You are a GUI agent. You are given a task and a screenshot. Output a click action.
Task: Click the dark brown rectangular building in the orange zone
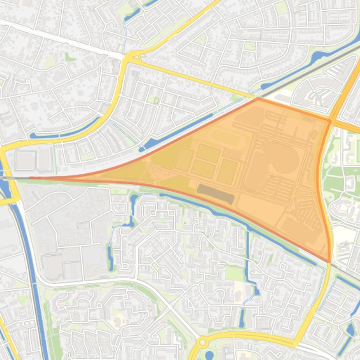click(215, 194)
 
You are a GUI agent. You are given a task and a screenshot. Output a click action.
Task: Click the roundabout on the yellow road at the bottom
click(203, 342)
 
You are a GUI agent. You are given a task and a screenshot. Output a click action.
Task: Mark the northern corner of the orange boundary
click(258, 99)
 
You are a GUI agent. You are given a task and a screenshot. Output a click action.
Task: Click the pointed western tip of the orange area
click(31, 178)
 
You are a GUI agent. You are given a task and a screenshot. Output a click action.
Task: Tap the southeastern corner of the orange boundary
click(330, 261)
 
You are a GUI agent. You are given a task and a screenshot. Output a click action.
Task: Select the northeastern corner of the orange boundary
click(331, 121)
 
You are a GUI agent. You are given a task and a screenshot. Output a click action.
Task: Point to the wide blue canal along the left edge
click(23, 243)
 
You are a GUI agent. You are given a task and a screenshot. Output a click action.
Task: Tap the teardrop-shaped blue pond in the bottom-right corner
click(350, 330)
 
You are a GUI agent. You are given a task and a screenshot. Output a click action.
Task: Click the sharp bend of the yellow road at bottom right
click(296, 345)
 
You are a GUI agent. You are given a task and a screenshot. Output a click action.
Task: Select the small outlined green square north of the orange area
click(156, 100)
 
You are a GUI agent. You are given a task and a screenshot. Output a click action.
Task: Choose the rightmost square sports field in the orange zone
click(227, 171)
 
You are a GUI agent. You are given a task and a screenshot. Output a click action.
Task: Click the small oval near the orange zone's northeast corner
click(314, 135)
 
